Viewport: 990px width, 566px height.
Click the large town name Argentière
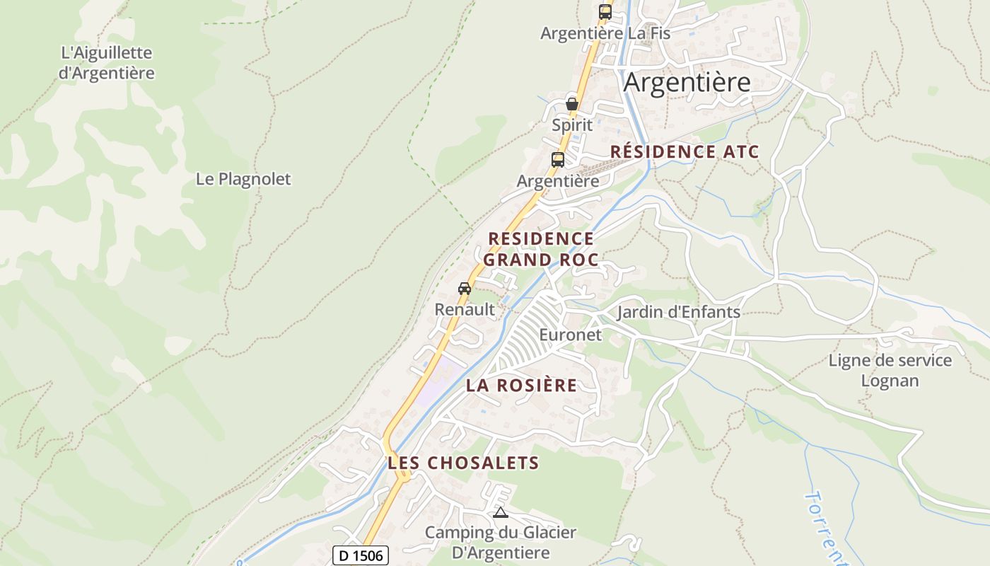(x=687, y=83)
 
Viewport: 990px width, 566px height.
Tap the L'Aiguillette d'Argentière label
(x=107, y=62)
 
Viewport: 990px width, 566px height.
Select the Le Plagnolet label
(x=243, y=179)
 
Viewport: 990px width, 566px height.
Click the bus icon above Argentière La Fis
(x=605, y=12)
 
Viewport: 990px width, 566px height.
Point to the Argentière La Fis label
(x=605, y=33)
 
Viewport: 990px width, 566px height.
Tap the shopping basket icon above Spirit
(x=572, y=105)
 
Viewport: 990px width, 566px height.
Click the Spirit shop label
(x=572, y=125)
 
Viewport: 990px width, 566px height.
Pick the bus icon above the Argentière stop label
(x=558, y=160)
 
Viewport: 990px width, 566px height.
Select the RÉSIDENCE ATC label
(x=685, y=151)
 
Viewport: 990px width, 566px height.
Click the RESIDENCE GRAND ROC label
(x=541, y=249)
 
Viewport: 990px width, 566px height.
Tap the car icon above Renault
(x=465, y=289)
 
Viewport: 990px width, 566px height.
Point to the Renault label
(x=465, y=309)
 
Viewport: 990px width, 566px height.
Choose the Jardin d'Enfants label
(x=679, y=312)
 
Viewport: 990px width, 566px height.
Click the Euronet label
(x=570, y=335)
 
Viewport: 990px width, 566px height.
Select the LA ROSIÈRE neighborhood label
(x=521, y=386)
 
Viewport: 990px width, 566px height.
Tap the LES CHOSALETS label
(x=463, y=463)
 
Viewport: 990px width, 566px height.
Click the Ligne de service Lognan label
(x=890, y=370)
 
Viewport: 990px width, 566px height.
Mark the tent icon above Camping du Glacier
(x=501, y=512)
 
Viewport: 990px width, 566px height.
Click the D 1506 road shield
(x=361, y=555)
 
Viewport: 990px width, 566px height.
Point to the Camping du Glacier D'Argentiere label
(x=501, y=542)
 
